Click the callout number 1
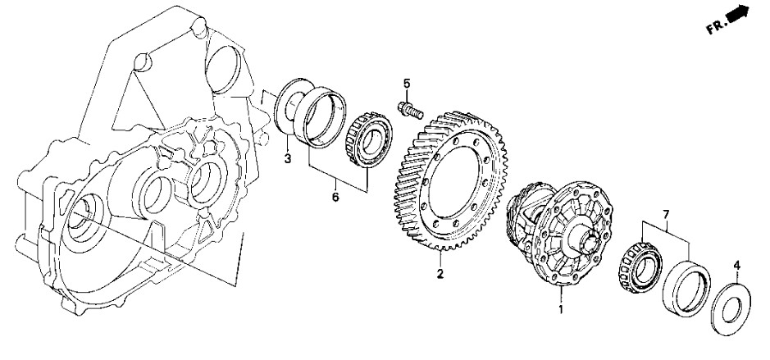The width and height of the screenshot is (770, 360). pyautogui.click(x=561, y=310)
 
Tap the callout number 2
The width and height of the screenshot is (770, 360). pyautogui.click(x=440, y=274)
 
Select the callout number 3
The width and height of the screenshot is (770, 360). pyautogui.click(x=287, y=158)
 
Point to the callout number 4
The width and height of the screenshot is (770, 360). pyautogui.click(x=736, y=267)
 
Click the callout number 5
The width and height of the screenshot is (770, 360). pyautogui.click(x=407, y=84)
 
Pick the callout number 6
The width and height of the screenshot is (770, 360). pyautogui.click(x=335, y=198)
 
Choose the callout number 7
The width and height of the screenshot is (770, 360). pyautogui.click(x=666, y=215)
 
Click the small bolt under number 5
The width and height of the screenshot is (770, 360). pyautogui.click(x=410, y=110)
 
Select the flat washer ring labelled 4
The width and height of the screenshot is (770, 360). pyautogui.click(x=731, y=310)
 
